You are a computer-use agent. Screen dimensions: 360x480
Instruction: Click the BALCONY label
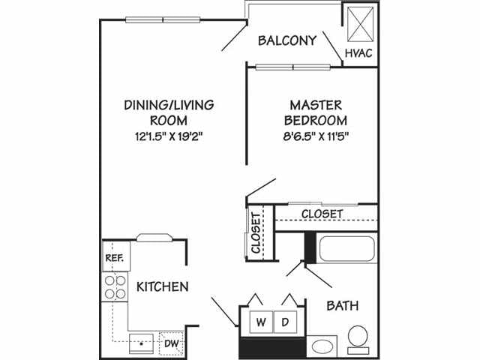287,40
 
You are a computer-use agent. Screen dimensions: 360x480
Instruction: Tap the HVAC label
357,53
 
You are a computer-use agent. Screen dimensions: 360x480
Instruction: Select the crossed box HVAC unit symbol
357,24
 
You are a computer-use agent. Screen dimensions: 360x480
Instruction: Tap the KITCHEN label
162,286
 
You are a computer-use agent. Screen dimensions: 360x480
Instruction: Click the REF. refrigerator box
115,256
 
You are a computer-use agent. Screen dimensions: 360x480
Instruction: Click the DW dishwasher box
172,343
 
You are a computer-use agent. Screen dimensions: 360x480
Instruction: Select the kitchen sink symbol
140,343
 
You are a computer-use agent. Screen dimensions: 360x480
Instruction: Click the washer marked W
259,322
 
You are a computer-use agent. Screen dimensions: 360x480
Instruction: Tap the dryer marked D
285,322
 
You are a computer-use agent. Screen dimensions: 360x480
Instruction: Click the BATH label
343,306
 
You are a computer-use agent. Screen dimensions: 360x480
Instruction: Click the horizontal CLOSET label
322,214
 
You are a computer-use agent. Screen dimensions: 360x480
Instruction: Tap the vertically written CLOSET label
256,234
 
